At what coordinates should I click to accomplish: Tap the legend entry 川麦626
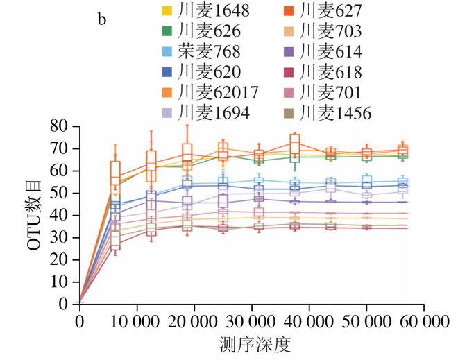(202, 31)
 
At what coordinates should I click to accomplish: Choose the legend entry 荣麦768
(202, 52)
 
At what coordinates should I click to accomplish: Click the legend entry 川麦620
(202, 72)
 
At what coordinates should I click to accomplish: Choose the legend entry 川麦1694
(208, 113)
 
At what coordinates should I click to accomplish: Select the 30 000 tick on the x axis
(252, 322)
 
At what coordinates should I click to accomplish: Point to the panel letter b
(102, 19)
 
